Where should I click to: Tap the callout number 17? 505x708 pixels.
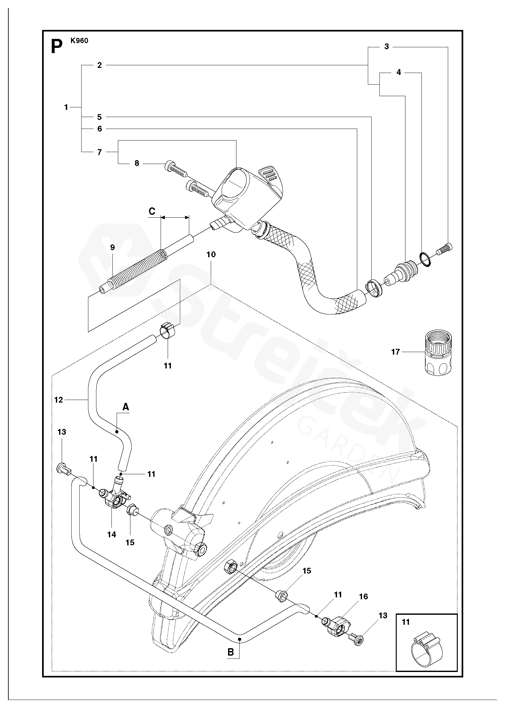395,352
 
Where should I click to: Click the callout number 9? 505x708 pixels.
112,247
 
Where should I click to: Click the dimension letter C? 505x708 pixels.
152,211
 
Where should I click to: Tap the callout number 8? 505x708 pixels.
137,163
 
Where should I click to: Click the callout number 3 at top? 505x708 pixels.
386,47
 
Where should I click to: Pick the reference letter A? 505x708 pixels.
126,407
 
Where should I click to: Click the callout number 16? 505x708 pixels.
363,596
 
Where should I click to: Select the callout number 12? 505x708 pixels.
59,400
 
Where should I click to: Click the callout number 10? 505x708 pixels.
211,254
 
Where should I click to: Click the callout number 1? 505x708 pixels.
66,107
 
